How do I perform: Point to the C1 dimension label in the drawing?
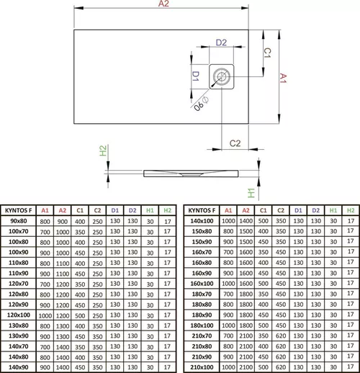point(266,53)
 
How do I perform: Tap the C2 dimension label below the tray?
point(235,143)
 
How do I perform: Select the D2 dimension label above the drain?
point(222,43)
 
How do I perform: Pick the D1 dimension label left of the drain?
point(195,76)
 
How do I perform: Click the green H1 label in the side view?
point(251,193)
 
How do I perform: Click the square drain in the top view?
point(221,76)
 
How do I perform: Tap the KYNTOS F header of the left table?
point(19,211)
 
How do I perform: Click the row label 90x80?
point(19,222)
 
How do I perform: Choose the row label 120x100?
point(19,315)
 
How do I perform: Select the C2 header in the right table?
point(280,211)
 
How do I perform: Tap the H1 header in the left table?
point(150,211)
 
